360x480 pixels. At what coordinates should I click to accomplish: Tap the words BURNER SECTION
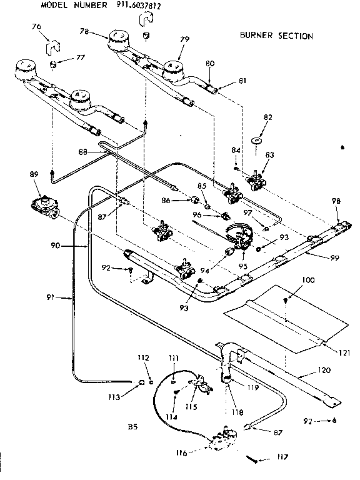(x=276, y=36)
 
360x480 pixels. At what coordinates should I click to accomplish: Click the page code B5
(x=132, y=427)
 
